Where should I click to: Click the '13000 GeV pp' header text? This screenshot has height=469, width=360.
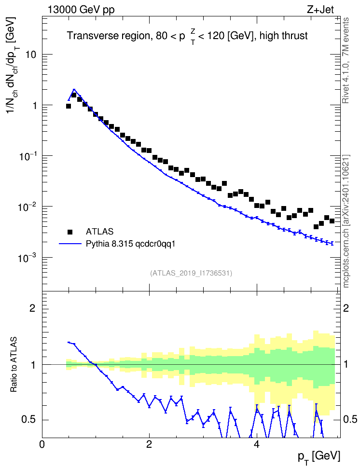point(81,10)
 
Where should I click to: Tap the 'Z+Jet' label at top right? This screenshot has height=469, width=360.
point(320,10)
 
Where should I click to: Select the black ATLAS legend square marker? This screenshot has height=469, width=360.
point(70,232)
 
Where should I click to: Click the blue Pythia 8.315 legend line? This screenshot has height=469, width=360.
point(70,244)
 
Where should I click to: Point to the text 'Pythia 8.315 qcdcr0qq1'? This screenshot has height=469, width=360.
point(130,244)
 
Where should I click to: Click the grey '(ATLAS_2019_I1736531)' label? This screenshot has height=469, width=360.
point(191,273)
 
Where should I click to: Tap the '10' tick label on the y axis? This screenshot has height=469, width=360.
point(31,55)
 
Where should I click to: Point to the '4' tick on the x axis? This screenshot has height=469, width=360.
point(257,444)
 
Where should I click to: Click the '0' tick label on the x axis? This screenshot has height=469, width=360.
point(42,444)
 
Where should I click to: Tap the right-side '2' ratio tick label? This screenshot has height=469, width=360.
point(346,308)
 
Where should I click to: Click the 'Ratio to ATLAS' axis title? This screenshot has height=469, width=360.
point(14,365)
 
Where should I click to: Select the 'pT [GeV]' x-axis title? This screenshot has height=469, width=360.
point(319,457)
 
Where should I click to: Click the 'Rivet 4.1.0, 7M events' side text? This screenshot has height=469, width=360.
point(346,60)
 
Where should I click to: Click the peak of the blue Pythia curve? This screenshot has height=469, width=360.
point(74,89)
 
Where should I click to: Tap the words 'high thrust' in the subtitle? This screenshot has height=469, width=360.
point(284,36)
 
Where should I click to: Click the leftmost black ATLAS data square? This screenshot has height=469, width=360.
point(69,106)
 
